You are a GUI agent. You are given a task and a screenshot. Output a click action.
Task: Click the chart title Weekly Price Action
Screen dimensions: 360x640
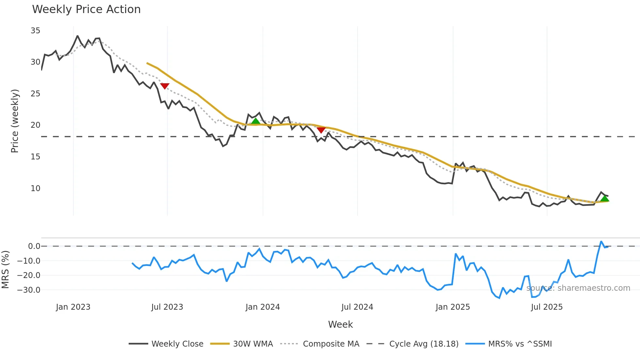[x=86, y=9]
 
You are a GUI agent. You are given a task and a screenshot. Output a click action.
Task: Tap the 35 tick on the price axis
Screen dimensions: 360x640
[x=35, y=31]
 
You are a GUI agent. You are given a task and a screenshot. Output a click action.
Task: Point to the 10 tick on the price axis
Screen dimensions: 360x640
[x=35, y=188]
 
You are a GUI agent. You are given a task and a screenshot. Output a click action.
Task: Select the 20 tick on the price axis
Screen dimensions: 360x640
[x=35, y=125]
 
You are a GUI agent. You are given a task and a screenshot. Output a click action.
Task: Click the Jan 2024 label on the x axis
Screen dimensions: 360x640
[x=263, y=307]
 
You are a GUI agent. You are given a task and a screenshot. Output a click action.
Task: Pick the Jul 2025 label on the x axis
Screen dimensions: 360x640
[x=547, y=307]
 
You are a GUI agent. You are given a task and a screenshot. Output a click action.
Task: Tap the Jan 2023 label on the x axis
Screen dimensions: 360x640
[x=73, y=307]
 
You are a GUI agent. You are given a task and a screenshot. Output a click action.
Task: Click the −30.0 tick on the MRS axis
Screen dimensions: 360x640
[x=29, y=290]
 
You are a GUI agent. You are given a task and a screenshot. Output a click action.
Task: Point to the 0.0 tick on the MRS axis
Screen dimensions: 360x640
[x=34, y=246]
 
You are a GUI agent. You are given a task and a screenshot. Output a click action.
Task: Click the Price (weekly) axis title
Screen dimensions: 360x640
[x=15, y=121]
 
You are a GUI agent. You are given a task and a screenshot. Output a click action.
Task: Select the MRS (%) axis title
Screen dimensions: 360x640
[x=5, y=270]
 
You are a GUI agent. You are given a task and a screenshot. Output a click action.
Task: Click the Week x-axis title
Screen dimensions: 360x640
[x=340, y=324]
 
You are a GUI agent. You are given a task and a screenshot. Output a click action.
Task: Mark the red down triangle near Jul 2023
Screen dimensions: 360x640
[x=165, y=86]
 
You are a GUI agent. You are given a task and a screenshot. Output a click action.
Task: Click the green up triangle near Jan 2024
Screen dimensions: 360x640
[x=256, y=121]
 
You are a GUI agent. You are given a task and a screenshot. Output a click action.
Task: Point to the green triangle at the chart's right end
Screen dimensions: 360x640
[x=605, y=198]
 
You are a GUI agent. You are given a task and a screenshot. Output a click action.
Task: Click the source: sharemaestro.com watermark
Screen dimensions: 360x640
[x=578, y=288]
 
